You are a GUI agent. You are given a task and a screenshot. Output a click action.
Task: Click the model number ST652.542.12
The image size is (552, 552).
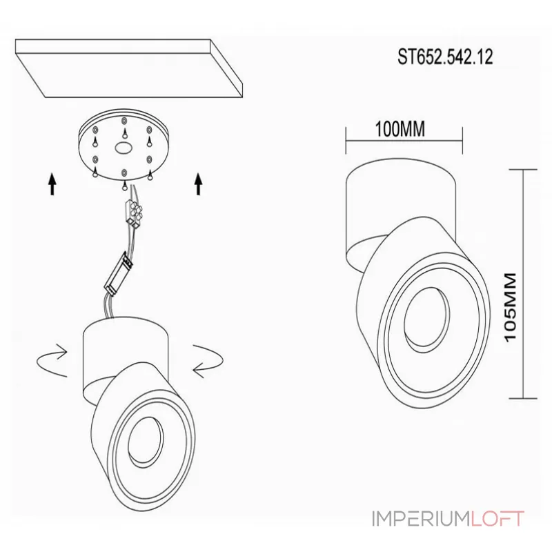click(445, 57)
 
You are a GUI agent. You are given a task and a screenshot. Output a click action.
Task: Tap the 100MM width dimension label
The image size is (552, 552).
click(400, 129)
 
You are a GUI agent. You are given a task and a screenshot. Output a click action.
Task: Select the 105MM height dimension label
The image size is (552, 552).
click(510, 307)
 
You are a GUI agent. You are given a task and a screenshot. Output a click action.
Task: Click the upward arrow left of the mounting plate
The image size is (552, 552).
click(52, 184)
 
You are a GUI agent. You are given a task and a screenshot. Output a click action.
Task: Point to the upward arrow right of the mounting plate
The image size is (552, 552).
click(199, 184)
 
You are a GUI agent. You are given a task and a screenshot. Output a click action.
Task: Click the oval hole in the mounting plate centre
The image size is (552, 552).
click(123, 148)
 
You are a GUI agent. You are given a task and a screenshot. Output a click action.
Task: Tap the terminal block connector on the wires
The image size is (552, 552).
click(134, 213)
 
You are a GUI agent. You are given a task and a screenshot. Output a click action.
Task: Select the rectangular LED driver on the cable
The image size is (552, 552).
click(119, 273)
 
